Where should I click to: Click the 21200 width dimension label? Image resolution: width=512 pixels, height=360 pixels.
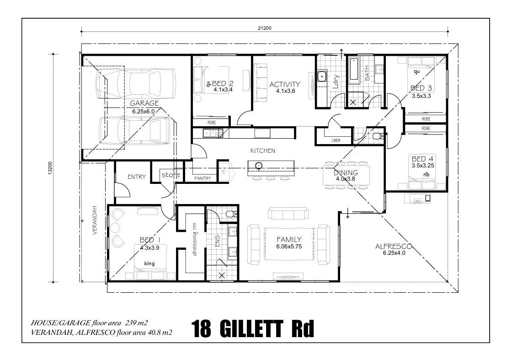(x=265, y=28)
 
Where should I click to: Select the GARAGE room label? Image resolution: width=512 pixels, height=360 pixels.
(x=144, y=103)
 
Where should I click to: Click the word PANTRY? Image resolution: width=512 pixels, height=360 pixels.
(x=203, y=178)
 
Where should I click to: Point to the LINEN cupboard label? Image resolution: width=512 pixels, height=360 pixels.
(x=336, y=140)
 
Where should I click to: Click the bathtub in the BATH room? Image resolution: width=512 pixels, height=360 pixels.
(x=354, y=69)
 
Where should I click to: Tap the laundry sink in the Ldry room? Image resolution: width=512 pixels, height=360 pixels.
(x=322, y=76)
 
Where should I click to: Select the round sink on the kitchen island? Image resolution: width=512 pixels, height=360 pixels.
(x=258, y=165)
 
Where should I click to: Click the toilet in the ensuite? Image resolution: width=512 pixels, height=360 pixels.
(x=232, y=214)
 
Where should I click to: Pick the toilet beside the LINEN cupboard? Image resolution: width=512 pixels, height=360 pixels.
(x=378, y=136)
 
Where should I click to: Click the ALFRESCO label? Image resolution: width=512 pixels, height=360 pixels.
(x=394, y=246)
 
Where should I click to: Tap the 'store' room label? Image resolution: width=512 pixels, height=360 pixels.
(x=171, y=175)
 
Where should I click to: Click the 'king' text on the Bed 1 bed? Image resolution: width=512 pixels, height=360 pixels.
(x=149, y=263)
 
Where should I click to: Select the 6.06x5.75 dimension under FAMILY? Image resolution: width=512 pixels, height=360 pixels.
(x=289, y=247)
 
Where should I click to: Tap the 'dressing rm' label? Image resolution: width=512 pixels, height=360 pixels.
(x=195, y=239)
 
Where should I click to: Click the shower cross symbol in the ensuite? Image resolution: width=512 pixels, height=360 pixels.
(x=222, y=275)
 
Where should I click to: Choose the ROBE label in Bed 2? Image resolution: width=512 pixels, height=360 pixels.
(x=212, y=123)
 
